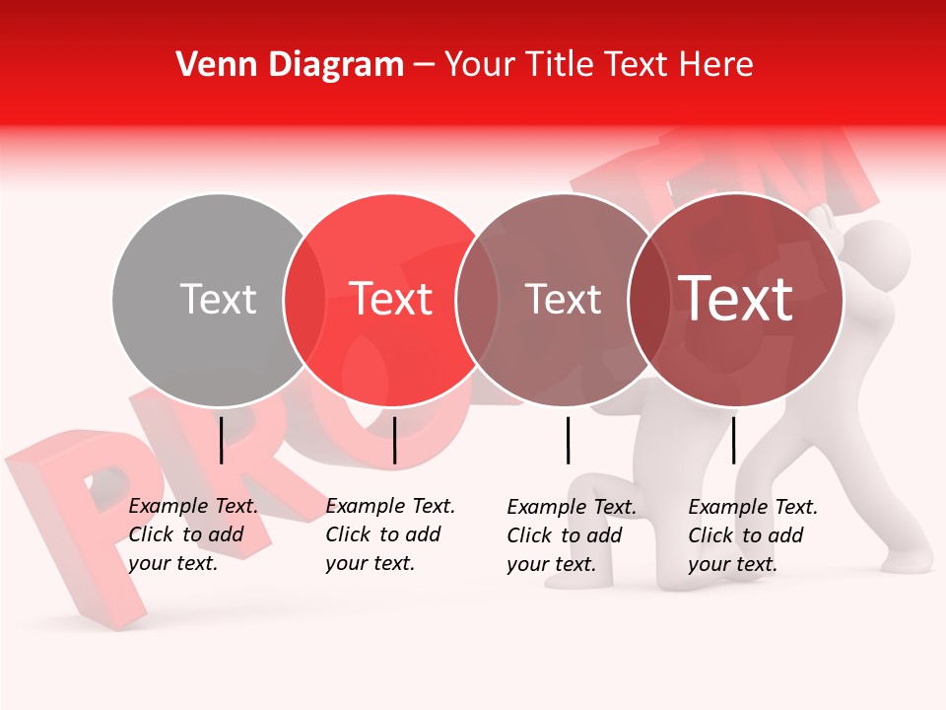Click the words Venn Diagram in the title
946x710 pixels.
click(290, 65)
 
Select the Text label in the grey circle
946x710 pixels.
click(218, 299)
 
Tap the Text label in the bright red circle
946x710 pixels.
click(391, 299)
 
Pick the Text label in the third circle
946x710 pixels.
click(563, 299)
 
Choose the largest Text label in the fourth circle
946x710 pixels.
click(736, 299)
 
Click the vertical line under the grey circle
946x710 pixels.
click(222, 440)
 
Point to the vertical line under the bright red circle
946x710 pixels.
click(394, 440)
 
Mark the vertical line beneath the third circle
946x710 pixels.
click(569, 440)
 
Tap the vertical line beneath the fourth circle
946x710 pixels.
click(733, 440)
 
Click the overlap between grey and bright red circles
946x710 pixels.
click(304, 299)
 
